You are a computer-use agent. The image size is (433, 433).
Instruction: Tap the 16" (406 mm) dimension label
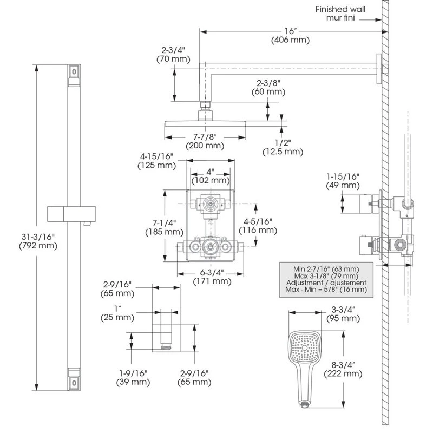coord(291,36)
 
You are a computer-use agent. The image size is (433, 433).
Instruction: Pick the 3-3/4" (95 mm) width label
coord(343,314)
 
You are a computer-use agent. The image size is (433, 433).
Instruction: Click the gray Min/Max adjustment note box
coord(326,279)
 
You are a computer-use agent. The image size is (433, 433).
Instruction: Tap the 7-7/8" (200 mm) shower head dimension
coord(205,141)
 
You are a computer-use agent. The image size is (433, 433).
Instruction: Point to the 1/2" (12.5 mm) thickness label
coord(281,147)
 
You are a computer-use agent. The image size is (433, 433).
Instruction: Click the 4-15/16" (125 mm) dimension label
coord(156,161)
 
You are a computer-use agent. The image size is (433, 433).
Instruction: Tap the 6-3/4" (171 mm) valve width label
coord(212,277)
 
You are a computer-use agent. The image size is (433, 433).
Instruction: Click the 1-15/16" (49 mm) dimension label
coord(343,181)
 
